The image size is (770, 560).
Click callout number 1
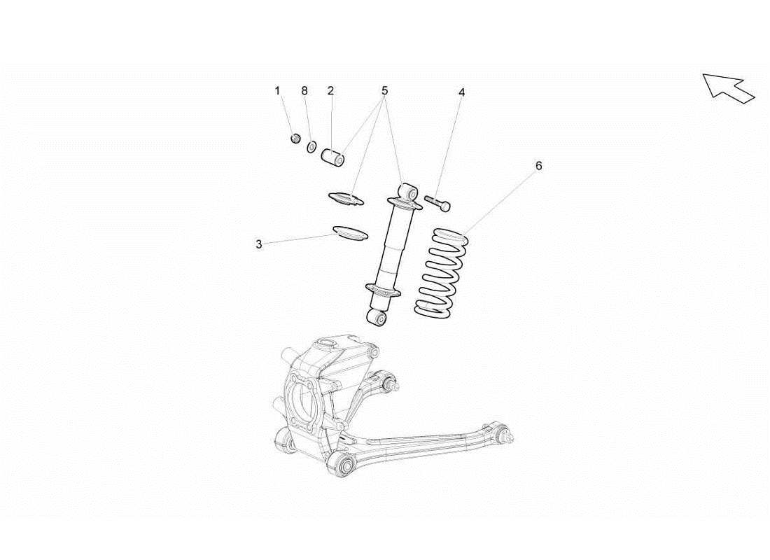point(277,91)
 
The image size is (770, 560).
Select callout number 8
point(304,91)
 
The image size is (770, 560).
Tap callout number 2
point(330,91)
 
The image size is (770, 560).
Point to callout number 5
point(384,91)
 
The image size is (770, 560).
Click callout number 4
point(462,92)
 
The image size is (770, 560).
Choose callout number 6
point(538,166)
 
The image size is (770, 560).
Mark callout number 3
point(259,244)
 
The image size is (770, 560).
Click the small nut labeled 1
point(295,137)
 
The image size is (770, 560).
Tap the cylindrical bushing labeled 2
point(333,157)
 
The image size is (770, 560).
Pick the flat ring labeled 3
point(350,232)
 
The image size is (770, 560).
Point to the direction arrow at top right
point(728,87)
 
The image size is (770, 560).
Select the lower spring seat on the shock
point(383,290)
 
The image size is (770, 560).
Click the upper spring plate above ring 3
point(347,199)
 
